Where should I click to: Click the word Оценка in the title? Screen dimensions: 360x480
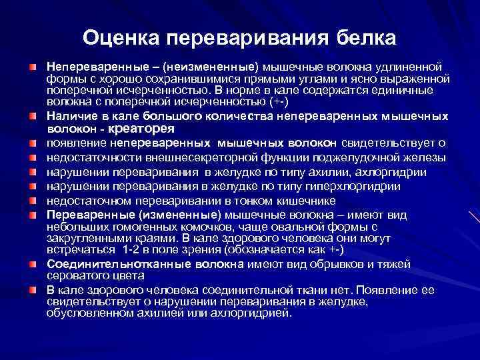click(121, 37)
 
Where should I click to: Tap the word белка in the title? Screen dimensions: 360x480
click(361, 37)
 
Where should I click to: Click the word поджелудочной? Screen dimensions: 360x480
click(343, 157)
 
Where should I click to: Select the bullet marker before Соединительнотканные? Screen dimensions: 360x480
click(32, 263)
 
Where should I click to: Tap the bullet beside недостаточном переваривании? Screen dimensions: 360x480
click(32, 201)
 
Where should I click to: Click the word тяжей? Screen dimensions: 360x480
click(395, 263)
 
